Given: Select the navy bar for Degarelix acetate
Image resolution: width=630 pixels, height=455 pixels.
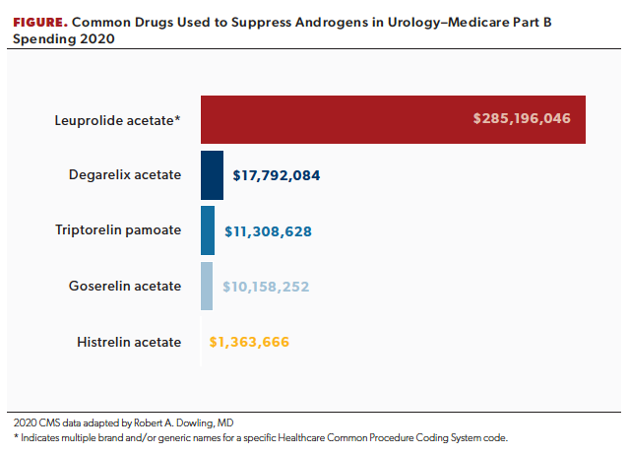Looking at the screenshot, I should [x=212, y=175].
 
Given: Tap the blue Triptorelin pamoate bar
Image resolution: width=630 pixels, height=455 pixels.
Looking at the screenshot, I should [x=208, y=230].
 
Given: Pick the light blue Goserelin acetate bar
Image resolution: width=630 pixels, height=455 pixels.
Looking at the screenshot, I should [x=207, y=287].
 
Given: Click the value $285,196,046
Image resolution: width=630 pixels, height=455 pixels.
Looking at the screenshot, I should [x=522, y=119].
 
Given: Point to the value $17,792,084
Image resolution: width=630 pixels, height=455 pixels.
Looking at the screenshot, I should [x=277, y=176].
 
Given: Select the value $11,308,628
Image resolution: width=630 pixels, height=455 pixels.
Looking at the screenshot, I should [x=269, y=231].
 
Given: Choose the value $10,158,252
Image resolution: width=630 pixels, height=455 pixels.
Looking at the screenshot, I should [x=267, y=288].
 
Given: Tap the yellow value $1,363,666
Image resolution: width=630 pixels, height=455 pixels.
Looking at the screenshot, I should [x=249, y=343].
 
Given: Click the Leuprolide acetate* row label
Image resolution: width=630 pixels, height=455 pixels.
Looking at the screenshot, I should [x=117, y=120].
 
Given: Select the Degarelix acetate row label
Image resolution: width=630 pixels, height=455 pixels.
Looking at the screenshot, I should [x=125, y=175].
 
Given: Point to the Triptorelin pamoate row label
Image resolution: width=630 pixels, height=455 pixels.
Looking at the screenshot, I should [x=118, y=230].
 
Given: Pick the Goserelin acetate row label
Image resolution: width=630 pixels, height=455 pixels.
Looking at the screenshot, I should [x=125, y=287].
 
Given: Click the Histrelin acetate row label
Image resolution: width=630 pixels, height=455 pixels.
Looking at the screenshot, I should [x=129, y=343].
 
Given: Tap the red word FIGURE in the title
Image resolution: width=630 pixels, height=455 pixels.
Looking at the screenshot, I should [x=38, y=21].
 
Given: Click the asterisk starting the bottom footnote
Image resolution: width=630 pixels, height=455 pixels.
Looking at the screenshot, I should [x=17, y=436].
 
